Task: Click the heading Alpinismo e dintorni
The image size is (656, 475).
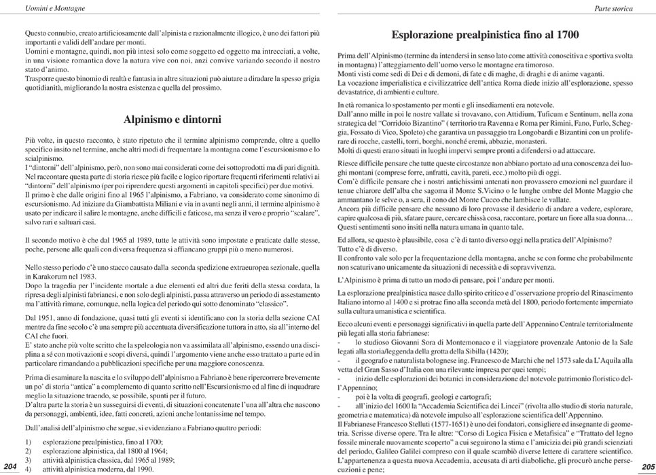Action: click(172, 119)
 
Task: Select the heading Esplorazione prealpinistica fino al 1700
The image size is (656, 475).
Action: click(485, 34)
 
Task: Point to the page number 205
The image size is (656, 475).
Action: click(646, 466)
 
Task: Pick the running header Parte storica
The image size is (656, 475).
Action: click(613, 9)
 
